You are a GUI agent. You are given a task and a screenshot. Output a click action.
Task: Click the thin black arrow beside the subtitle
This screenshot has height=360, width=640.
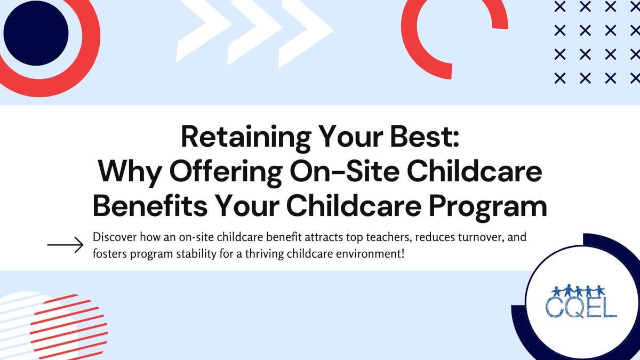65,245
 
